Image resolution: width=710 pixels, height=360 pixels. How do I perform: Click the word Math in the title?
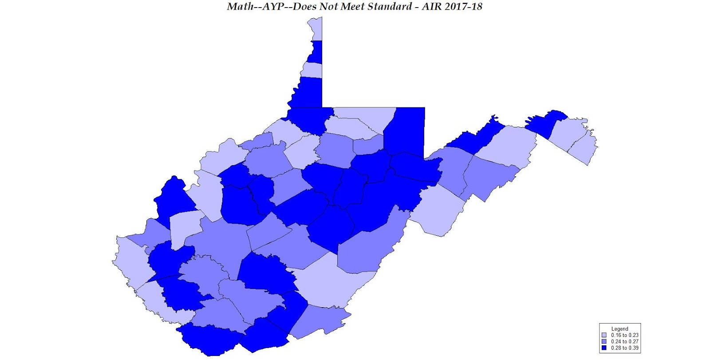pyautogui.click(x=239, y=7)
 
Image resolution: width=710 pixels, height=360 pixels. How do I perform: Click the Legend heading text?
pyautogui.click(x=619, y=329)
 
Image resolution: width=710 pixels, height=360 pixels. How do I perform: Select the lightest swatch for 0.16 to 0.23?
pyautogui.click(x=604, y=335)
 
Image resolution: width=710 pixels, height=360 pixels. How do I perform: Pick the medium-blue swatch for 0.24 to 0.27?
pyautogui.click(x=604, y=341)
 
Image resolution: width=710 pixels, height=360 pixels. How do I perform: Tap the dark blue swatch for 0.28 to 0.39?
pyautogui.click(x=604, y=348)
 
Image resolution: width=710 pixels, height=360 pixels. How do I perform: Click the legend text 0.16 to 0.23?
pyautogui.click(x=624, y=335)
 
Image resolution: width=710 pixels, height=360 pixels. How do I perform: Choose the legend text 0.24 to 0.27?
pyautogui.click(x=624, y=341)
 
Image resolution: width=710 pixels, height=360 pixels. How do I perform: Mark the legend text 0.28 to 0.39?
pyautogui.click(x=624, y=348)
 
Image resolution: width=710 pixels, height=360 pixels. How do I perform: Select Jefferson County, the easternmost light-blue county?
pyautogui.click(x=584, y=149)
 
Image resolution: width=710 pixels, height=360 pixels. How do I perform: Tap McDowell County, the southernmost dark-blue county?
pyautogui.click(x=209, y=340)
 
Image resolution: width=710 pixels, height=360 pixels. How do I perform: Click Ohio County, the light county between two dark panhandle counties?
pyautogui.click(x=312, y=70)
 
